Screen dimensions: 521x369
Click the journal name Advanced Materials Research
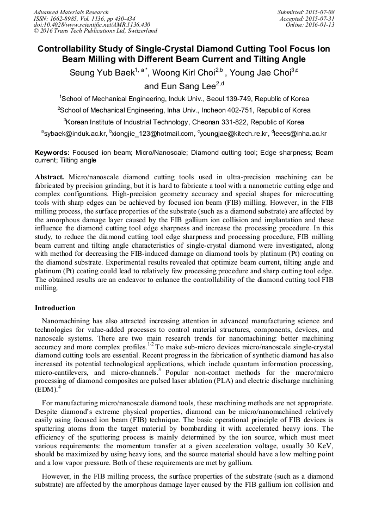coord(71,12)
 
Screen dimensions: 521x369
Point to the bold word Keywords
coord(52,153)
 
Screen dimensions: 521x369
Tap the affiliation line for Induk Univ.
coord(184,99)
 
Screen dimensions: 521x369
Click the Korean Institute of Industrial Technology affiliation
coord(184,122)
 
